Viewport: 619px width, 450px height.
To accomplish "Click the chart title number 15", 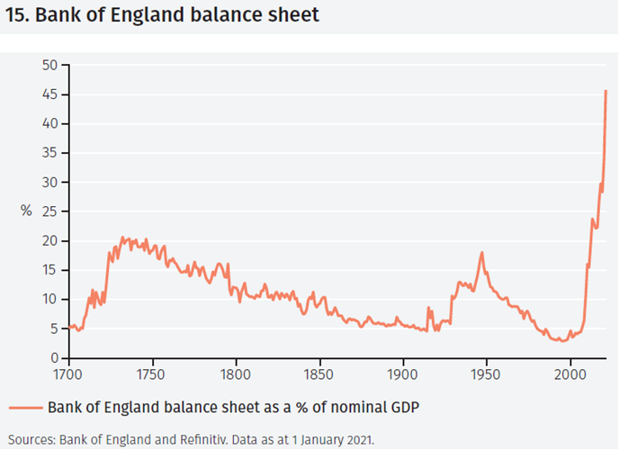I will pyautogui.click(x=18, y=16).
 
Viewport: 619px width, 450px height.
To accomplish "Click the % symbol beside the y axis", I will pyautogui.click(x=27, y=211).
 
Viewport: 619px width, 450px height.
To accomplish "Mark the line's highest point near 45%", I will pyautogui.click(x=606, y=90).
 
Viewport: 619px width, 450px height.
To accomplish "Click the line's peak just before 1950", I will pyautogui.click(x=482, y=253).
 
